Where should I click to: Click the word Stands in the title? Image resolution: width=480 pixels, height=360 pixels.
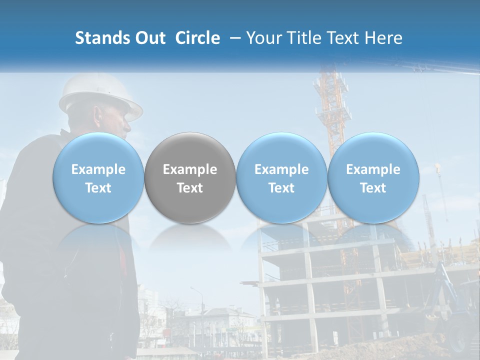pyautogui.click(x=99, y=38)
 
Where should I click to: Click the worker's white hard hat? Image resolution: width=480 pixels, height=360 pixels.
pyautogui.click(x=100, y=95)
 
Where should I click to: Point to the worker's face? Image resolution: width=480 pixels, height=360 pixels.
pyautogui.click(x=125, y=122)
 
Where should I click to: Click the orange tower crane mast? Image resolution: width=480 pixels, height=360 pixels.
pyautogui.click(x=331, y=115)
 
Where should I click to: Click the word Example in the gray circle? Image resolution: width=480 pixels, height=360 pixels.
pyautogui.click(x=190, y=169)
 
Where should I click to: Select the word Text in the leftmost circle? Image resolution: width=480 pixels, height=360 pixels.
pyautogui.click(x=98, y=188)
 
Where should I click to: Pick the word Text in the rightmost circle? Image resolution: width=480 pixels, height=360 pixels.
pyautogui.click(x=373, y=188)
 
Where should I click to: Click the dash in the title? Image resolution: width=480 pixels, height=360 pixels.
pyautogui.click(x=233, y=38)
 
